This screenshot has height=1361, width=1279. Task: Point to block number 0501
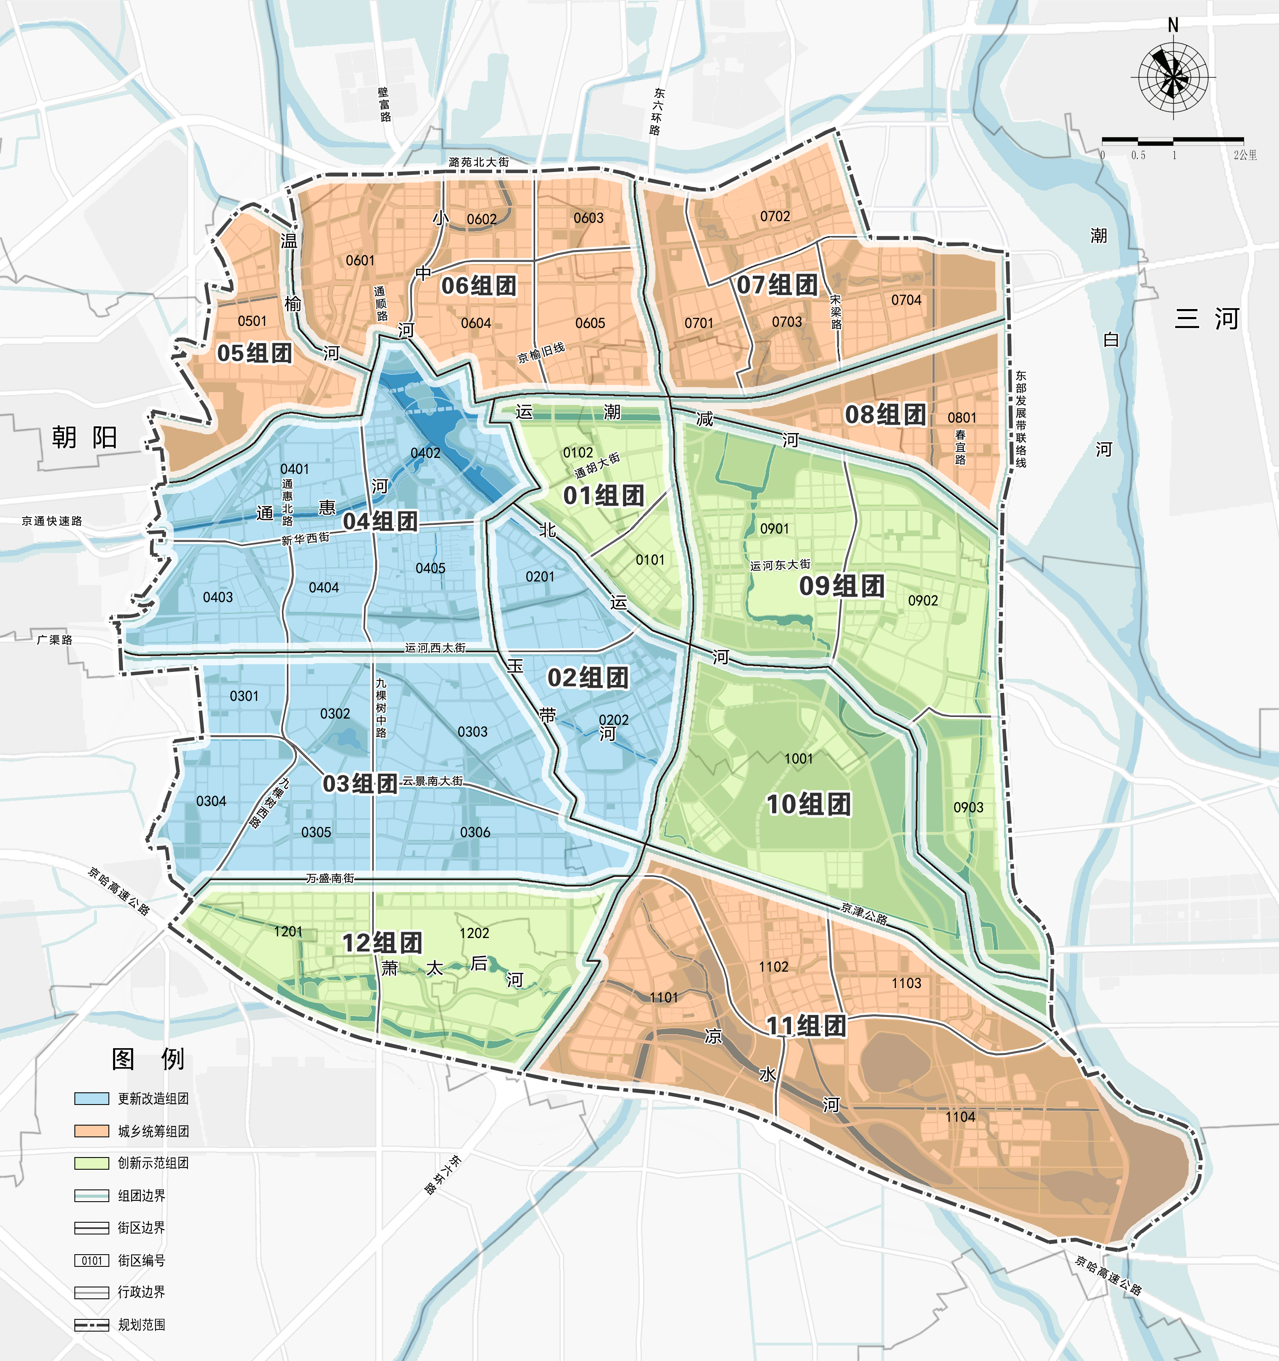tap(252, 321)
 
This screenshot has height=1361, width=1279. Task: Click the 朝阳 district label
tap(85, 437)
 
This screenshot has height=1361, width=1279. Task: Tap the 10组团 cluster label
tap(808, 804)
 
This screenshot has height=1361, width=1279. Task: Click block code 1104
tap(960, 1117)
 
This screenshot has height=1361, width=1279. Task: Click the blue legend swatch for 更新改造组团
tap(92, 1099)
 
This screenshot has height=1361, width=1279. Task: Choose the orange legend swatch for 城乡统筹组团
tap(92, 1131)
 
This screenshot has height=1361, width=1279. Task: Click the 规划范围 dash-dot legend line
tap(92, 1325)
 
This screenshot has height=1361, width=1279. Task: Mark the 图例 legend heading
tap(148, 1058)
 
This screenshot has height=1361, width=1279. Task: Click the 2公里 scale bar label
tap(1245, 156)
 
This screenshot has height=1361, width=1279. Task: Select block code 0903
tap(968, 807)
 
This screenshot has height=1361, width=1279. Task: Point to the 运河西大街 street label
tap(435, 647)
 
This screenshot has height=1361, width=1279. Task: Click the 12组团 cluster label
tap(382, 943)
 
